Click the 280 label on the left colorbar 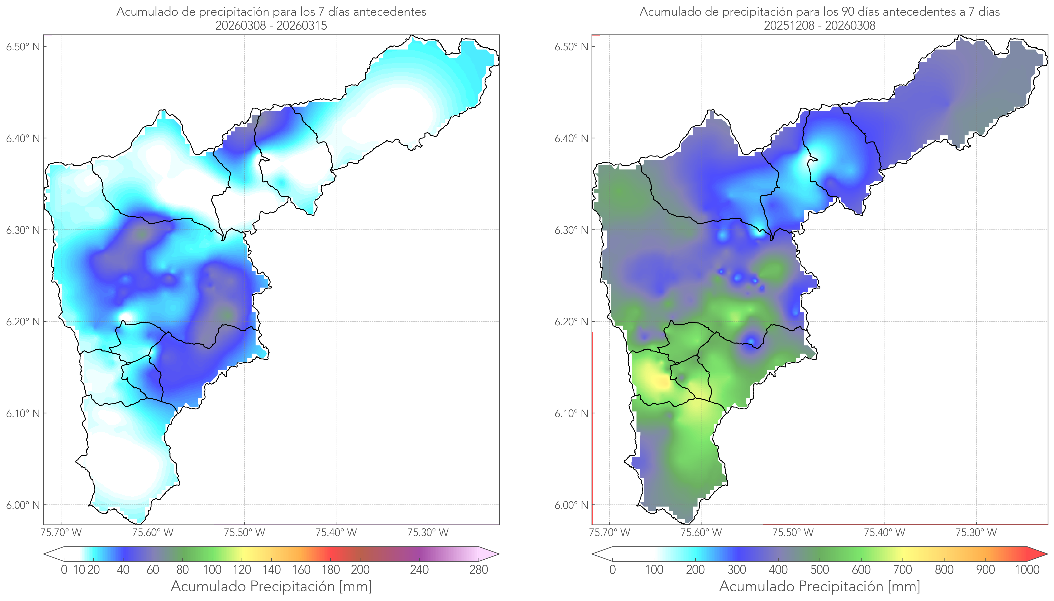tap(479, 570)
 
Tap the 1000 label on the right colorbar tap(1027, 570)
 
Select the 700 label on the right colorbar tap(903, 570)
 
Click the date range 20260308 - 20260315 tap(271, 25)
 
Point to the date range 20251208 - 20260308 tap(820, 25)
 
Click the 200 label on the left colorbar tap(360, 570)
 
